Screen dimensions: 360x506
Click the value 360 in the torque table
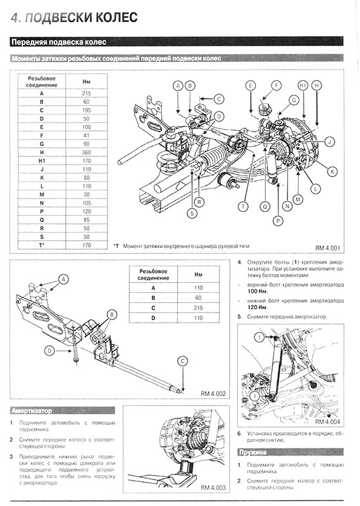coord(86,152)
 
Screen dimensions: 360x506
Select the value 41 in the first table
coord(86,135)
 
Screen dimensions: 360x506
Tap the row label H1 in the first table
coord(42,161)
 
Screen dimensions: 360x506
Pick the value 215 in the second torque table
coord(198,308)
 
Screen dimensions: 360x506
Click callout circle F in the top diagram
coord(276,85)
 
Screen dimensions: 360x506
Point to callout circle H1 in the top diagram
coord(303,85)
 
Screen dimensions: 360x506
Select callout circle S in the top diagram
coord(192,213)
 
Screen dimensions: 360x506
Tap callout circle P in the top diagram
coord(278,221)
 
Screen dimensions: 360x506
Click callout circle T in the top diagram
coord(243,207)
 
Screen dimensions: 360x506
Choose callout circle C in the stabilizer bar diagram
coord(183,361)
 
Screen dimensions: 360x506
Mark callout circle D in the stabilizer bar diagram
coord(49,351)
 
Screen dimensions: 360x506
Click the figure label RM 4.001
coord(327,248)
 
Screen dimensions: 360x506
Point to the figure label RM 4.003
coord(213,487)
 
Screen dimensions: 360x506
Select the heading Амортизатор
coord(32,410)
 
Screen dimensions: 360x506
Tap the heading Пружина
coord(252,452)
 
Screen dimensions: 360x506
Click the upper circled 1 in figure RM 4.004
coord(259,338)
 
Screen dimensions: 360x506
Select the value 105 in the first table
coord(86,203)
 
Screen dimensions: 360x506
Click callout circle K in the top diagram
coord(332,171)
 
